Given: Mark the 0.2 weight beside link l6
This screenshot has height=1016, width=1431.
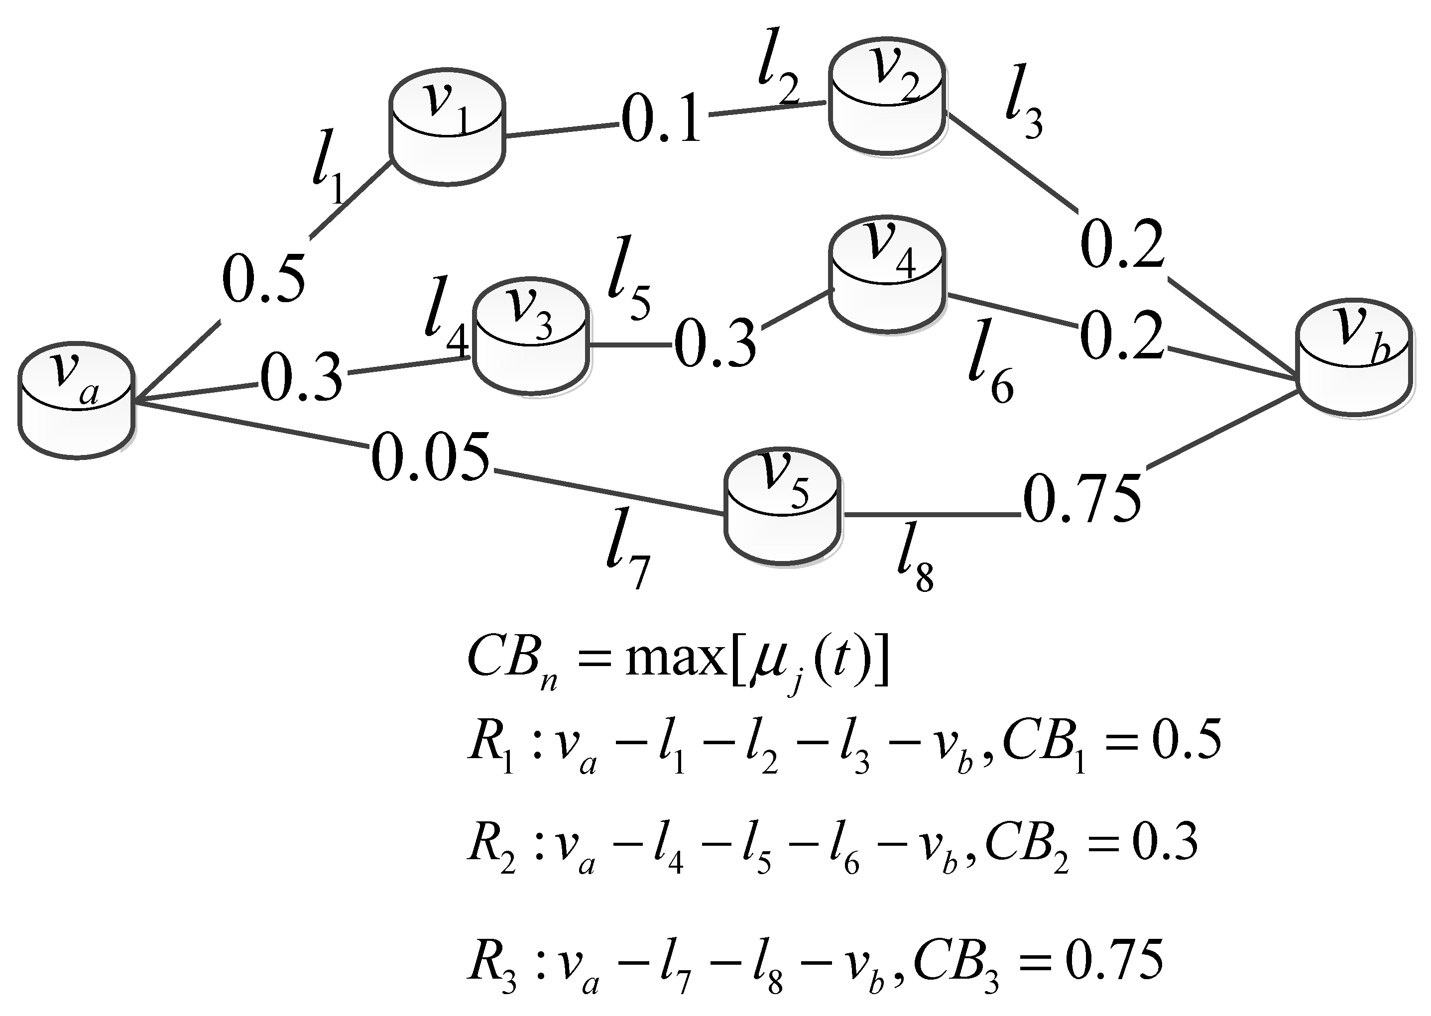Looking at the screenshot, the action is click(x=1122, y=338).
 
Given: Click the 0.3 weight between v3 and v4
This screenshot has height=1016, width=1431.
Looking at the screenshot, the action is click(x=715, y=343).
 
